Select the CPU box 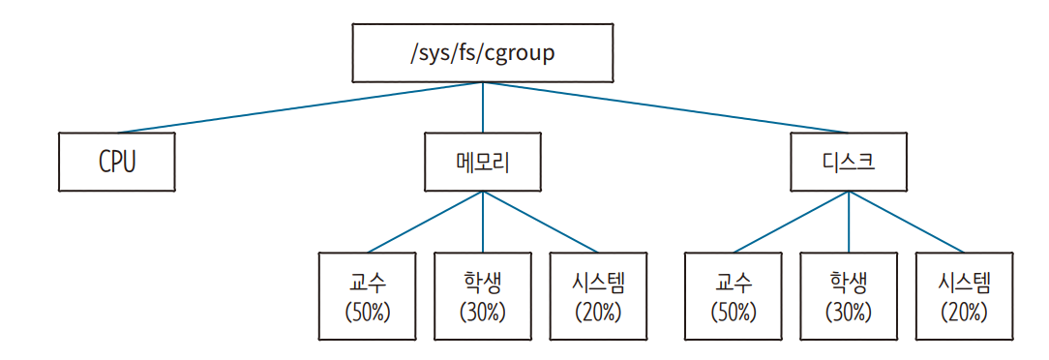[116, 162]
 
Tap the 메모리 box [482, 162]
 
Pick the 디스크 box [849, 162]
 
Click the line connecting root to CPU [300, 107]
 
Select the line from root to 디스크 [668, 107]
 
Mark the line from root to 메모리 [482, 107]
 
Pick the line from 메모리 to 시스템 [540, 221]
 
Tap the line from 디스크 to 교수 [791, 221]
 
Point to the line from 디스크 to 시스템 [907, 221]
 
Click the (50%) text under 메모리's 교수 [367, 313]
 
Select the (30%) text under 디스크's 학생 [849, 313]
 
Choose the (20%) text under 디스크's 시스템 [964, 313]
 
